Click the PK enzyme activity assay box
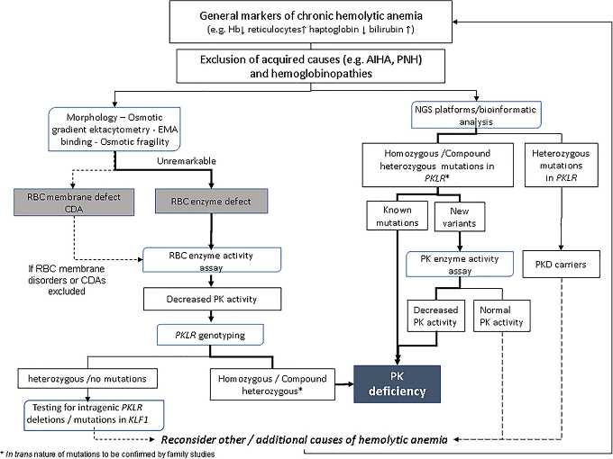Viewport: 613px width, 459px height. pyautogui.click(x=460, y=263)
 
